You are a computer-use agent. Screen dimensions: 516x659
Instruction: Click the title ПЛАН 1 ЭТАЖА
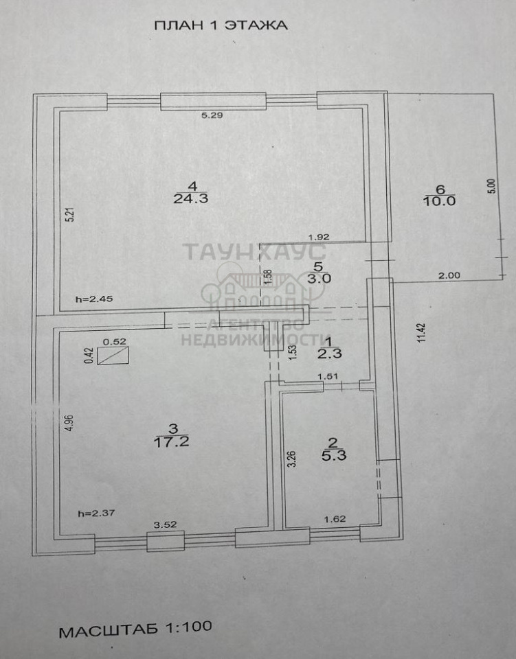(221, 25)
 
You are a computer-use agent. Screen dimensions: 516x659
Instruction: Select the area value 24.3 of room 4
(191, 198)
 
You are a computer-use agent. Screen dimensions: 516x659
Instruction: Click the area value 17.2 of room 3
(172, 441)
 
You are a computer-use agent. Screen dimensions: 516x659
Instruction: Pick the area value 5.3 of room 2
(334, 456)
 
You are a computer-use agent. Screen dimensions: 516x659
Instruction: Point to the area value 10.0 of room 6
(440, 201)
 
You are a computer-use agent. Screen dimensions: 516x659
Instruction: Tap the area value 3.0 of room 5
(319, 279)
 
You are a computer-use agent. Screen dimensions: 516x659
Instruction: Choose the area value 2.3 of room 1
(330, 354)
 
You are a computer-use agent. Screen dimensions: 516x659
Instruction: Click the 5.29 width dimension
(212, 115)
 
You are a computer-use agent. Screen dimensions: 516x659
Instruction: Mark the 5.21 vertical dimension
(71, 215)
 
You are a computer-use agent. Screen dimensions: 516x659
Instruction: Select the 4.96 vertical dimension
(70, 422)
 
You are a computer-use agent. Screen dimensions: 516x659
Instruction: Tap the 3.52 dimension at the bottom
(166, 524)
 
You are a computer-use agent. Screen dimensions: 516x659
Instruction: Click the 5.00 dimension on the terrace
(493, 186)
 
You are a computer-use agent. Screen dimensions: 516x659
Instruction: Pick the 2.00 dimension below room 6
(449, 276)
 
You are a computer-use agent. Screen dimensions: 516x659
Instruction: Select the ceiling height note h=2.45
(95, 300)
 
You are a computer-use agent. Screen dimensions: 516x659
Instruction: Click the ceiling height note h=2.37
(96, 513)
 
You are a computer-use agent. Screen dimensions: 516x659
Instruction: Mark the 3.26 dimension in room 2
(293, 459)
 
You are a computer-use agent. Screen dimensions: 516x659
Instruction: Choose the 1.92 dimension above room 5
(319, 238)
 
